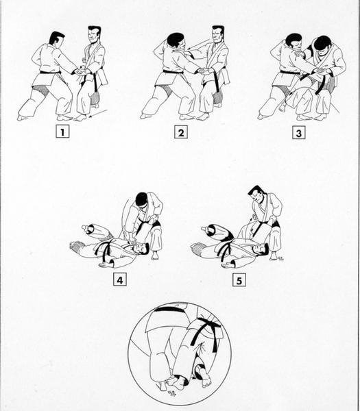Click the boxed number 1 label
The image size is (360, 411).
(63, 132)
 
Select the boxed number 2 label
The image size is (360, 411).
(180, 132)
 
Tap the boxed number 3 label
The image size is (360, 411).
(298, 132)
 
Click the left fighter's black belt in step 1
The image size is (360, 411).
(50, 71)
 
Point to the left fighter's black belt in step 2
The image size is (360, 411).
(172, 71)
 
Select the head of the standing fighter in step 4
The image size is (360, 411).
(141, 199)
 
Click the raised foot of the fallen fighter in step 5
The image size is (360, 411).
(206, 229)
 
